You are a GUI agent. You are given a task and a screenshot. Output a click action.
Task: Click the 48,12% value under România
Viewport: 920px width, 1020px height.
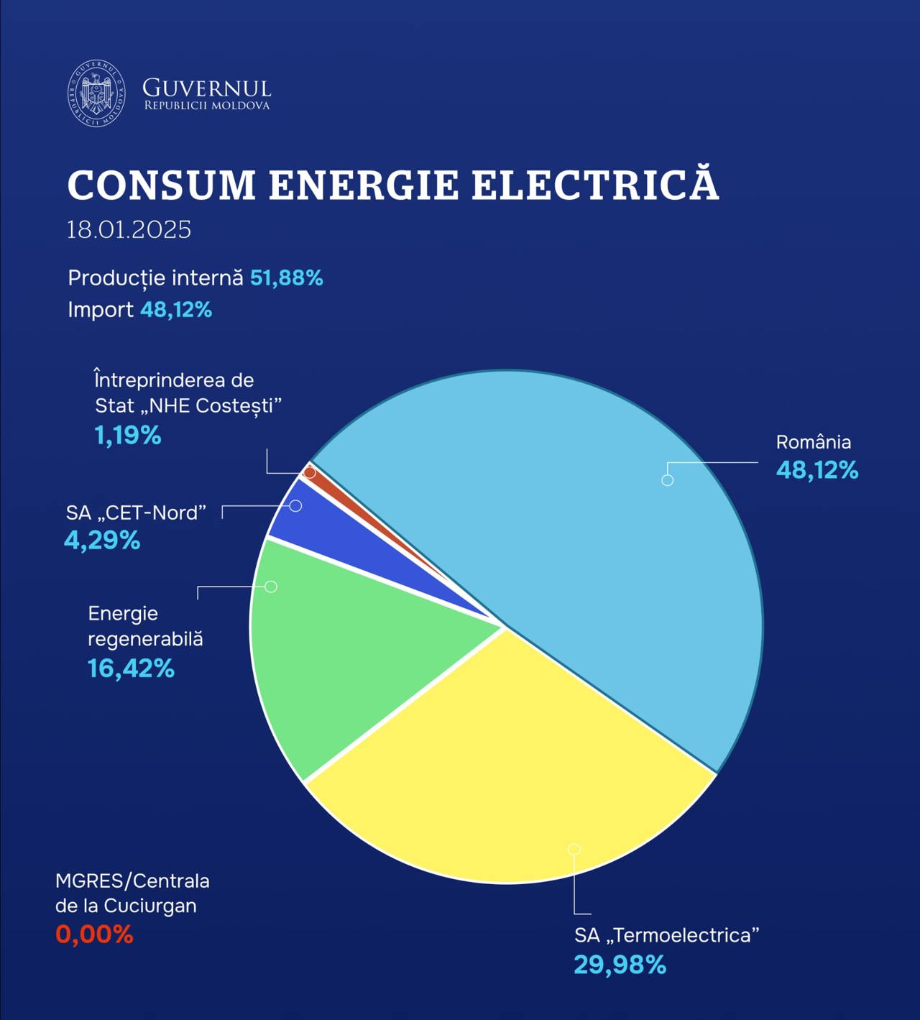[x=817, y=470]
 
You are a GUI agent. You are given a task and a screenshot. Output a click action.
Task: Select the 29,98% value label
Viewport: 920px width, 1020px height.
[x=620, y=965]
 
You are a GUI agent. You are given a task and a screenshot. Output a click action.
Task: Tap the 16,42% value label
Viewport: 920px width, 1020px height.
[x=131, y=668]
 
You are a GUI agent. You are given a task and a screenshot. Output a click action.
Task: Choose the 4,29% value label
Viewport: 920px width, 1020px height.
[x=102, y=540]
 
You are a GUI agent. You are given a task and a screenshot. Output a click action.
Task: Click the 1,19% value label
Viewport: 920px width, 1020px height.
[x=128, y=435]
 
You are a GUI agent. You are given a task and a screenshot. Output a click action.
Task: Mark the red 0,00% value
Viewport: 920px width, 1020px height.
[x=94, y=934]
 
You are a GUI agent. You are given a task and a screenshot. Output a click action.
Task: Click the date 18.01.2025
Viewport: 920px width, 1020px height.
[x=129, y=229]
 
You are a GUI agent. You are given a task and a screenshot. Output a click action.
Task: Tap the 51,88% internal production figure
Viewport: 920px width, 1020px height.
[x=286, y=277]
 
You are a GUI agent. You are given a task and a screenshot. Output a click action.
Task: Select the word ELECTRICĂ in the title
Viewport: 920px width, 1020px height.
[x=595, y=185]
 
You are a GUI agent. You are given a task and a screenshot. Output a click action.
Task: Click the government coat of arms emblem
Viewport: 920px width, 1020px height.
[x=96, y=93]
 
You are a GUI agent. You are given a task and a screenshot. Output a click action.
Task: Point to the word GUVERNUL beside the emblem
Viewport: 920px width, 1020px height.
[x=206, y=88]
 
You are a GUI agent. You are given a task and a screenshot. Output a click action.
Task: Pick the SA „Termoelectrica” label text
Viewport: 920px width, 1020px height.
[x=666, y=935]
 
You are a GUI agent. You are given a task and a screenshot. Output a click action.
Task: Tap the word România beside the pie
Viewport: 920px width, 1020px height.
[x=813, y=442]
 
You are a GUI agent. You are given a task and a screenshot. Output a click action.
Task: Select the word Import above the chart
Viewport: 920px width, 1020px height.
[x=100, y=310]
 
